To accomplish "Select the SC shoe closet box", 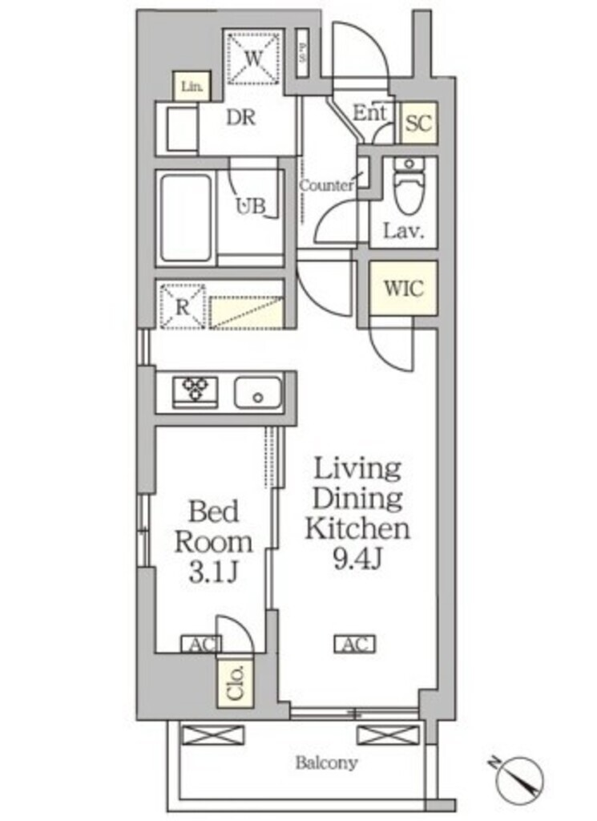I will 418,123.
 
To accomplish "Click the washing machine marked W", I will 254,57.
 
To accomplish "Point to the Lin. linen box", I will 192,87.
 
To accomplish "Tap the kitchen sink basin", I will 258,393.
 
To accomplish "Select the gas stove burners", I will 195,391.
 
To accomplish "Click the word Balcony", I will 327,763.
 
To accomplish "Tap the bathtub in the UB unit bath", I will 186,219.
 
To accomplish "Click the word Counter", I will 327,186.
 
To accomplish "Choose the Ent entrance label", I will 371,114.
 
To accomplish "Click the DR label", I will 240,118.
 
